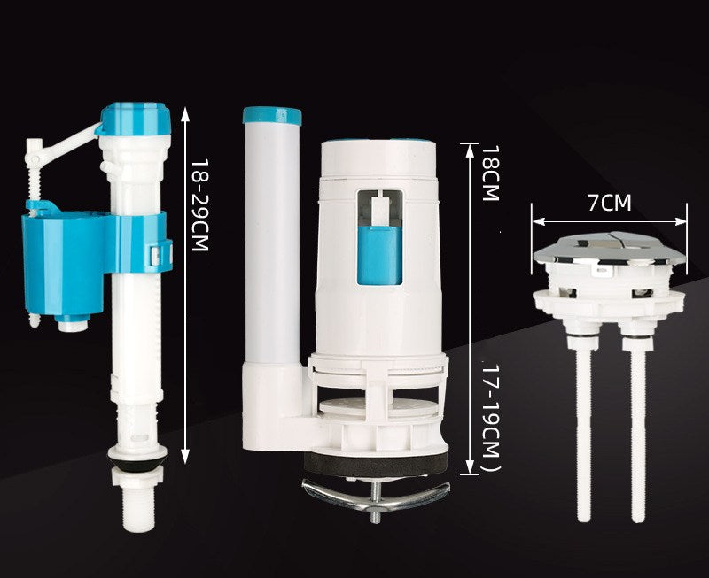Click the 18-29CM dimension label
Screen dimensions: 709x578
click(199, 204)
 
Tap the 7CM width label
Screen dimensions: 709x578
click(609, 203)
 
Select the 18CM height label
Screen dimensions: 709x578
click(490, 173)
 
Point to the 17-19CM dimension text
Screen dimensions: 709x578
click(490, 418)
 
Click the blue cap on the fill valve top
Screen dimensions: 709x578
click(135, 119)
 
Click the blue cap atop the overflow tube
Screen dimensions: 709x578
click(272, 116)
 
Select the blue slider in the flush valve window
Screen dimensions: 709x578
click(379, 256)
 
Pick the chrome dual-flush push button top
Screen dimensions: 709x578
click(610, 248)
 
